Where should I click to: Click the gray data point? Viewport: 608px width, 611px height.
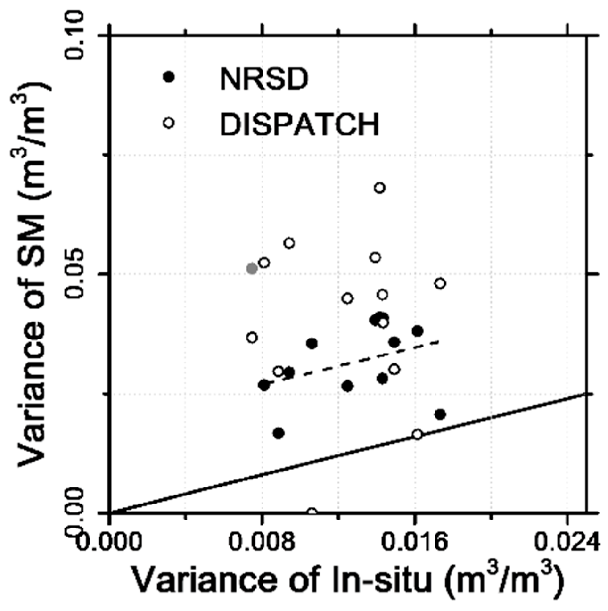coord(252,269)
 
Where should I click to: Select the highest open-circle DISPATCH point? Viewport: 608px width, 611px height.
coord(380,188)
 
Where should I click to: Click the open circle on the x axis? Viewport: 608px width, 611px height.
coord(312,512)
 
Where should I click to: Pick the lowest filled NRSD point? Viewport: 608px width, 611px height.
coord(279,433)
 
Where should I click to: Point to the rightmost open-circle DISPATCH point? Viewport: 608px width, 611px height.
coord(440,283)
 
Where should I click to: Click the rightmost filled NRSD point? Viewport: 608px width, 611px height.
coord(440,414)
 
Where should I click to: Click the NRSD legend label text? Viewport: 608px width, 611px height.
coord(263,79)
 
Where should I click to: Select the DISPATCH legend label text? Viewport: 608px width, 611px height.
coord(299,124)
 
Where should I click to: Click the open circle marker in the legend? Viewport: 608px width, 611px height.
coord(168,123)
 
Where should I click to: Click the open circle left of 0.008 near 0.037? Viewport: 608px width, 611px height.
coord(252,338)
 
